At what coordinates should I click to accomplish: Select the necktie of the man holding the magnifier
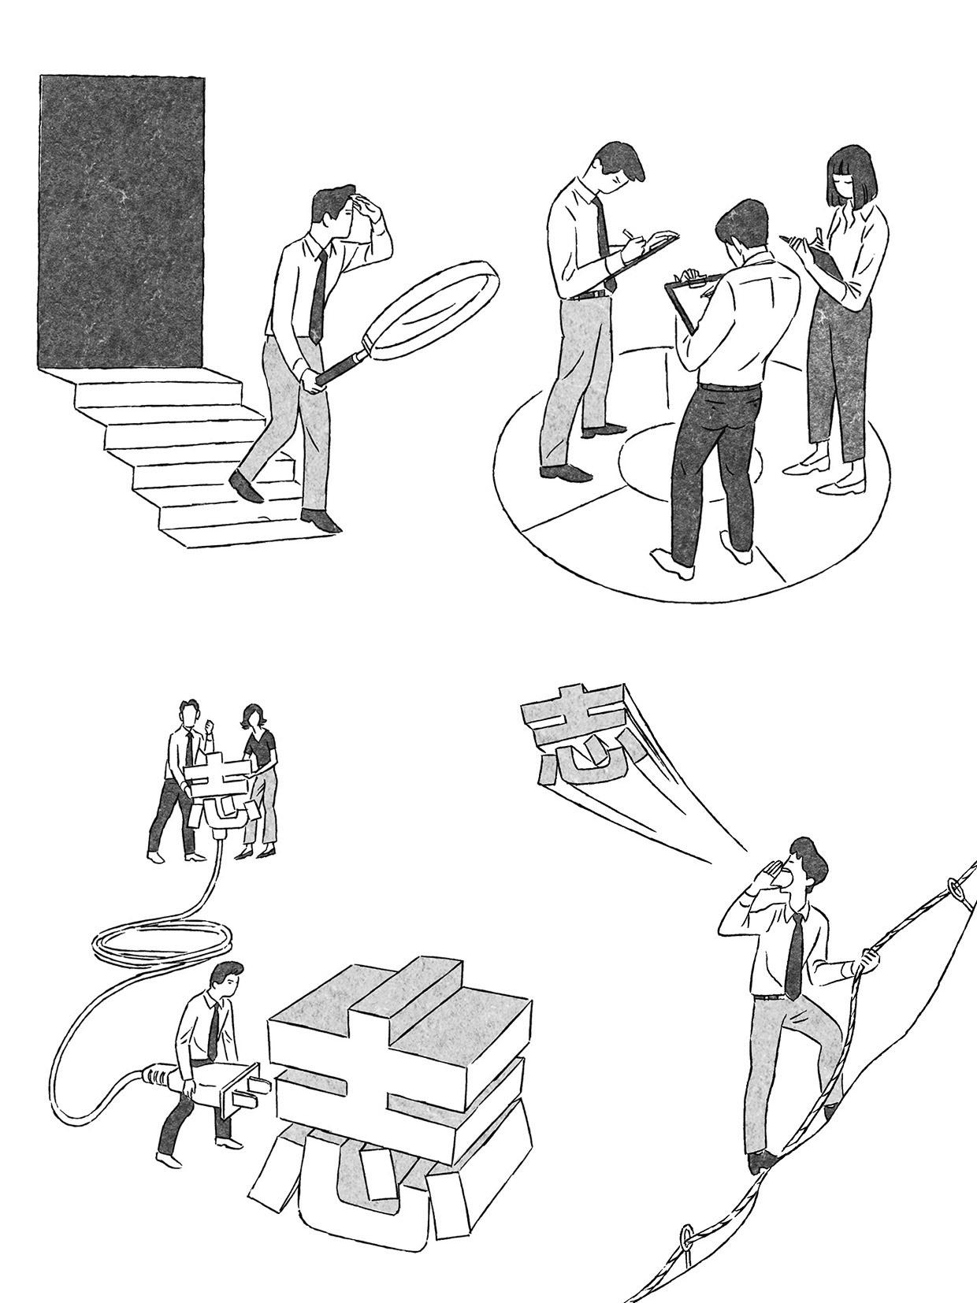click(318, 297)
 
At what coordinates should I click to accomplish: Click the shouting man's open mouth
click(788, 878)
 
